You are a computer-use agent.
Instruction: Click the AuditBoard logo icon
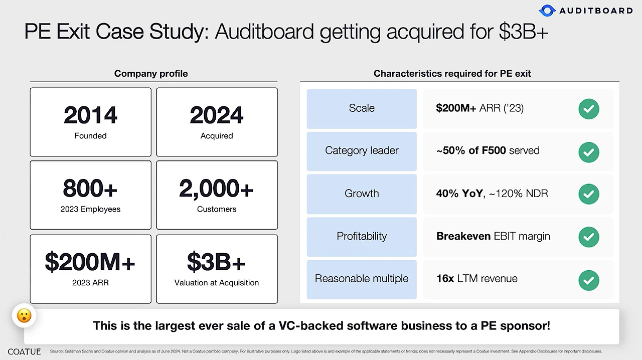pyautogui.click(x=547, y=11)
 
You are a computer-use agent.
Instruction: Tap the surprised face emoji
pyautogui.click(x=24, y=315)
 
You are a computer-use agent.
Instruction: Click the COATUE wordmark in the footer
pyautogui.click(x=25, y=351)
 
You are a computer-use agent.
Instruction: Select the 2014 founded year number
pyautogui.click(x=91, y=115)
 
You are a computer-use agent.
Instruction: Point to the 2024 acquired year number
pyautogui.click(x=217, y=115)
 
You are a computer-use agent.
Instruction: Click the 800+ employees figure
pyautogui.click(x=90, y=189)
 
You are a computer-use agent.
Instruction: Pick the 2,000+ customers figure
pyautogui.click(x=216, y=189)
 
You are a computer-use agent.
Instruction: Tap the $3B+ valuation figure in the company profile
pyautogui.click(x=216, y=262)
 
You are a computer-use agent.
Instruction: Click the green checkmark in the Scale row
pyautogui.click(x=589, y=109)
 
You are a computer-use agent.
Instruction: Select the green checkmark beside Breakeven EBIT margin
pyautogui.click(x=589, y=237)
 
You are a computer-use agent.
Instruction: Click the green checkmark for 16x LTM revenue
pyautogui.click(x=589, y=280)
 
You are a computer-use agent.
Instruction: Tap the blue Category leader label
pyautogui.click(x=362, y=151)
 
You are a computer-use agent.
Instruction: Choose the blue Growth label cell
pyautogui.click(x=362, y=194)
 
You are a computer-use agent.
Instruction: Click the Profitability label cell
pyautogui.click(x=362, y=237)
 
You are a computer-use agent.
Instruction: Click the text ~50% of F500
pyautogui.click(x=471, y=150)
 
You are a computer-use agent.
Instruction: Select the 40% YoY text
pyautogui.click(x=459, y=194)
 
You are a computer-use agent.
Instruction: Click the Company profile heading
pyautogui.click(x=151, y=74)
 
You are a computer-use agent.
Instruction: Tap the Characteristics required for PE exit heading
pyautogui.click(x=452, y=74)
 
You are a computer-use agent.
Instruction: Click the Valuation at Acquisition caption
pyautogui.click(x=216, y=283)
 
